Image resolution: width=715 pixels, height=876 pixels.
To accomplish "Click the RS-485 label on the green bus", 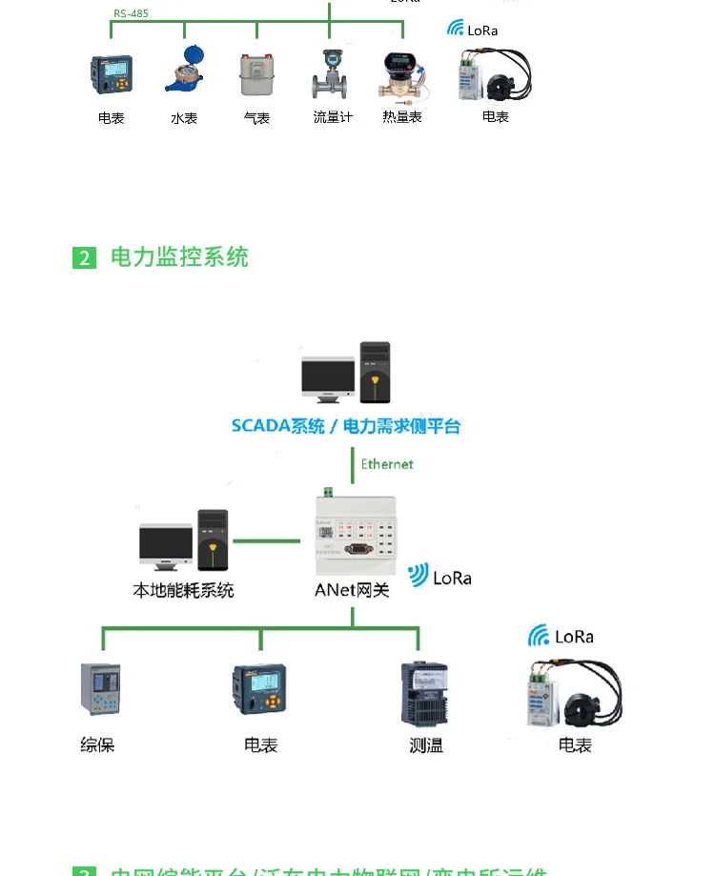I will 131,13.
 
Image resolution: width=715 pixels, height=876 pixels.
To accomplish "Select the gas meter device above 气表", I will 255,74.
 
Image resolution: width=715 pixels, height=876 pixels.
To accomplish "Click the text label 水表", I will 184,118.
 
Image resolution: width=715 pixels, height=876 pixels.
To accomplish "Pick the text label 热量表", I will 402,117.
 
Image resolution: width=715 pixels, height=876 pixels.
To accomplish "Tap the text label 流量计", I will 333,117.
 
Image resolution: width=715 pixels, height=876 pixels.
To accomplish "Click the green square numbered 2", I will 85,257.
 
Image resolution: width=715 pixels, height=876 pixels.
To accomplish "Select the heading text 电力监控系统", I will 179,257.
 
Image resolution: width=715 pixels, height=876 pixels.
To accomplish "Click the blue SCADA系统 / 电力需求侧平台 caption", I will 345,426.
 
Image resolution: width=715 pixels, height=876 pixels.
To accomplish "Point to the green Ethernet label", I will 387,464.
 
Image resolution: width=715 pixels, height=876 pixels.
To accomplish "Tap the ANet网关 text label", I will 352,590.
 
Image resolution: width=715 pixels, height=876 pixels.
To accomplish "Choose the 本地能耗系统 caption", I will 183,590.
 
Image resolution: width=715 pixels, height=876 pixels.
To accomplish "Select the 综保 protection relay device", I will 99,689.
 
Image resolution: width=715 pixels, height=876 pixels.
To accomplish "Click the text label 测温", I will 426,745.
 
